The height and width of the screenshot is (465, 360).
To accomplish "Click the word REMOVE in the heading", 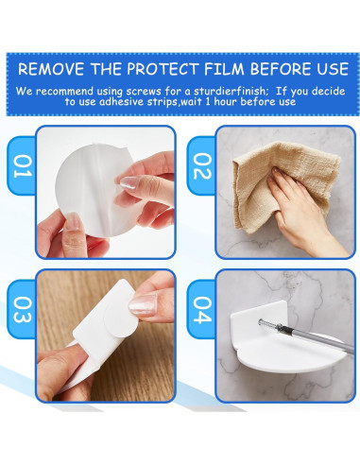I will (54, 69).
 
